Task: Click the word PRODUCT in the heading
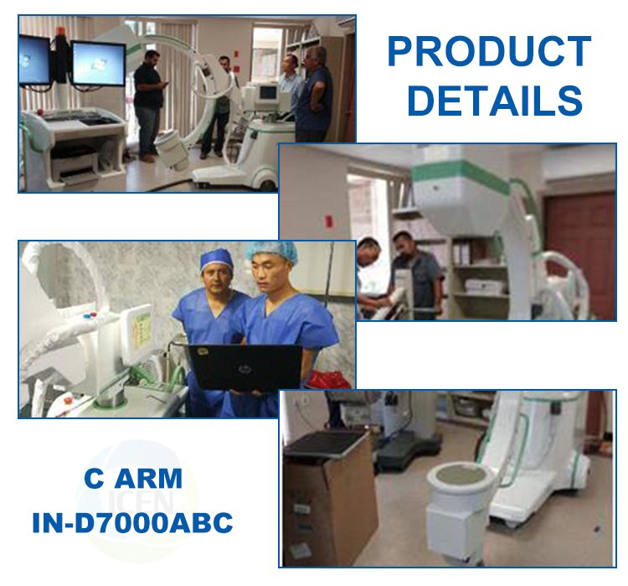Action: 488,52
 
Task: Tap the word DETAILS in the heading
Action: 494,101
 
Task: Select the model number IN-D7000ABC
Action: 132,522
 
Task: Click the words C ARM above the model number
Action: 132,479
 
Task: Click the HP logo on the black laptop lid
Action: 242,361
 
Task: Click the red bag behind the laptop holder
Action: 329,380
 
